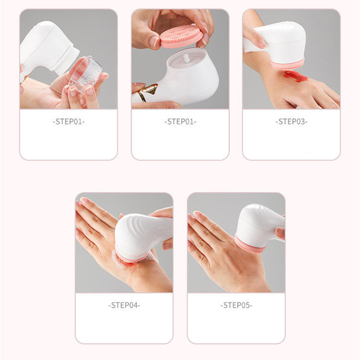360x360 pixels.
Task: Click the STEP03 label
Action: coord(291,122)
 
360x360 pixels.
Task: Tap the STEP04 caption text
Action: coord(124,305)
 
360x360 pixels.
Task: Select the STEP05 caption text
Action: coord(236,305)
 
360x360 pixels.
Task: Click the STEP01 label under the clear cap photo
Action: coord(68,122)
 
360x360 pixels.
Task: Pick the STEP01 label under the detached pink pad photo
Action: coord(180,122)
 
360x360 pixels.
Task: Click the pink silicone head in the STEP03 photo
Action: coord(288,64)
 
